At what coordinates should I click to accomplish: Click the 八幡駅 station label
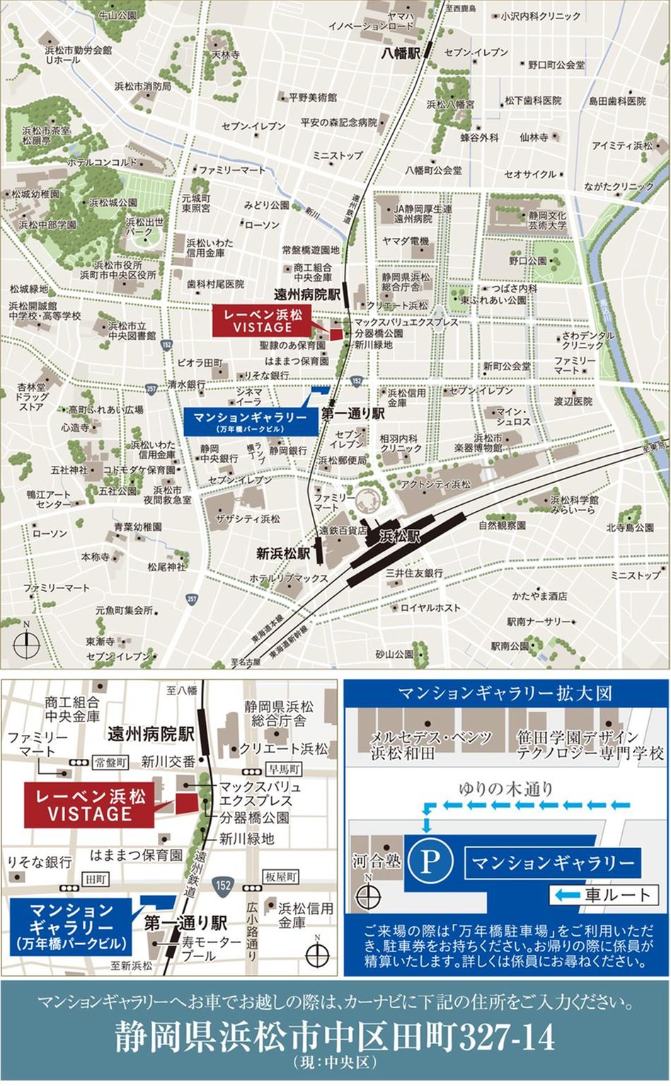[x=401, y=53]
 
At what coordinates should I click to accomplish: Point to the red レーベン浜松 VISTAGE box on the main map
[x=263, y=321]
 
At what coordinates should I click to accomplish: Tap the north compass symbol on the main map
[x=26, y=644]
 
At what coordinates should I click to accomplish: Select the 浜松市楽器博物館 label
[x=488, y=443]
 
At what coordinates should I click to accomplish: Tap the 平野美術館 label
[x=312, y=98]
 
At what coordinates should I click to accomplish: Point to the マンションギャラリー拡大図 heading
[x=505, y=693]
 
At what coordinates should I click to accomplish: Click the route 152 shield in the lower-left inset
[x=224, y=885]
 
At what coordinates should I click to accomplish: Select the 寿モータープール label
[x=212, y=949]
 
